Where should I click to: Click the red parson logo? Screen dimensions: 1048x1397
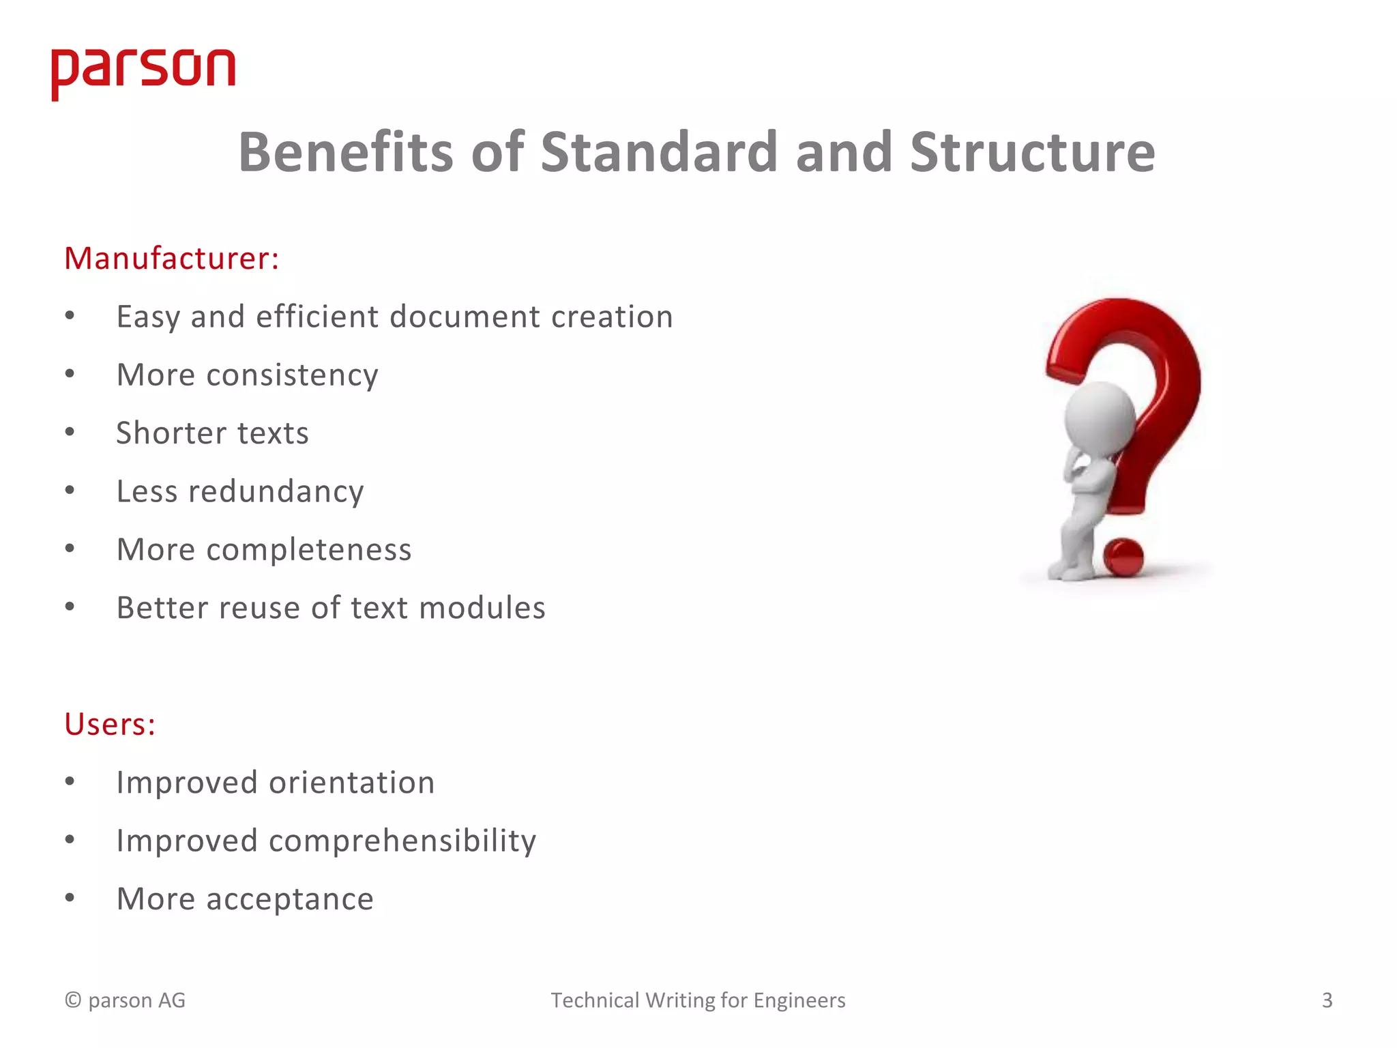143,72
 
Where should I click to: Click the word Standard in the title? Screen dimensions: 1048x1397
659,151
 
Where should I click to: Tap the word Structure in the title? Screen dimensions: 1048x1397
1032,151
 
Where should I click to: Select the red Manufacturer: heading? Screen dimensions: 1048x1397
172,259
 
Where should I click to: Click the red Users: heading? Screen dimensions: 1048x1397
110,724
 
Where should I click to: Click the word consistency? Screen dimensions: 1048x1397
292,375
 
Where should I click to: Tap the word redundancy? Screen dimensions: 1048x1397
276,491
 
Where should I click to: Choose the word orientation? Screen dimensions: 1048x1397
351,783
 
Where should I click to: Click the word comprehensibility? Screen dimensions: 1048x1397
402,841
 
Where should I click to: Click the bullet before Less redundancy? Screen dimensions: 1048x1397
70,491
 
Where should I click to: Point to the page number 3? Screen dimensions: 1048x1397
1327,1000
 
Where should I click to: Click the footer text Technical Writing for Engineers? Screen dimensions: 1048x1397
698,1000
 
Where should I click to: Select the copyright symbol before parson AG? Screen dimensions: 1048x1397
73,1000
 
